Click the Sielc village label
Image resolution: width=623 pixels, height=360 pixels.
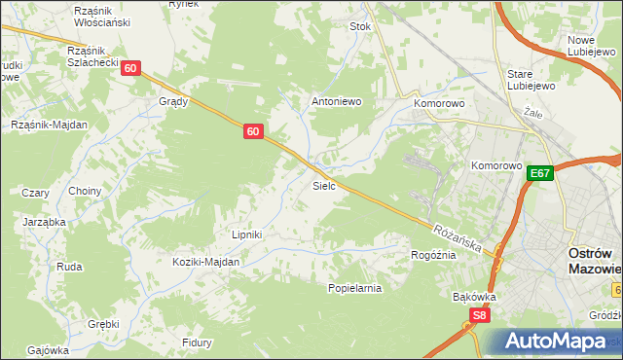(x=324, y=185)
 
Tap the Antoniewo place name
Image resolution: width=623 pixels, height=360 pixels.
(x=336, y=100)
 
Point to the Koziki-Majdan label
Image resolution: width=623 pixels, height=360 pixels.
(x=205, y=262)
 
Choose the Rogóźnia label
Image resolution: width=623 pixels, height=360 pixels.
(x=433, y=255)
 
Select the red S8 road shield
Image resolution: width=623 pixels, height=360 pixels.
(x=478, y=315)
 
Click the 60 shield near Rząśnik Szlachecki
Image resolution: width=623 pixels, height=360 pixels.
(x=131, y=68)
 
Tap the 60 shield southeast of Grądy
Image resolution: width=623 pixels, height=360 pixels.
(x=252, y=131)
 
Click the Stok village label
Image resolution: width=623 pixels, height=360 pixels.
(x=361, y=27)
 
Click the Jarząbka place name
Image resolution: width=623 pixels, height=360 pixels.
(x=44, y=222)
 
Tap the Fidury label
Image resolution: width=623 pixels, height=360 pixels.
(x=198, y=342)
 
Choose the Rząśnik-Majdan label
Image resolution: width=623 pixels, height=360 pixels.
(x=49, y=125)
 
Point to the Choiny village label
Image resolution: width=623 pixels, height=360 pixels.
(x=85, y=191)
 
